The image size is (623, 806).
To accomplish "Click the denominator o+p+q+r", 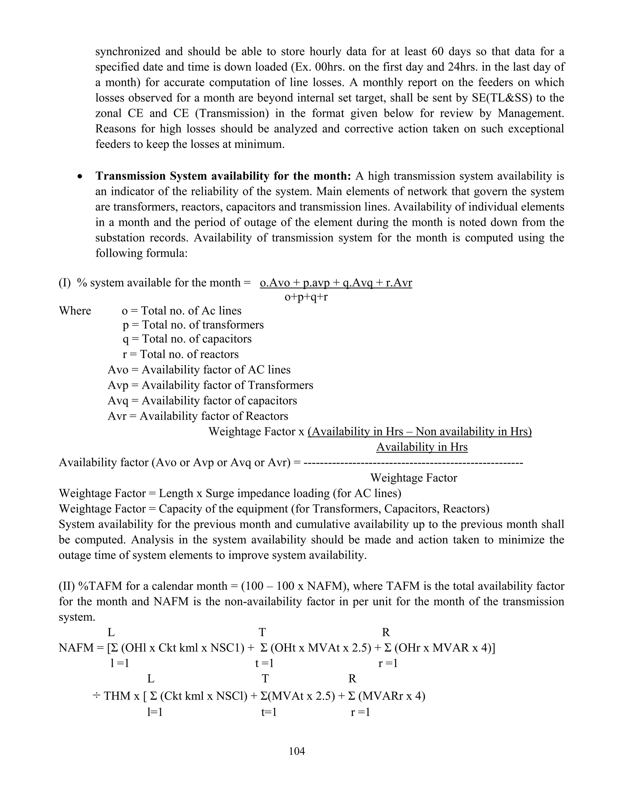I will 306,297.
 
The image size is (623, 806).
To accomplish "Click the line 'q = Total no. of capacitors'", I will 187,339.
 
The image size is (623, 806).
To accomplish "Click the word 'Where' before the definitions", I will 75,311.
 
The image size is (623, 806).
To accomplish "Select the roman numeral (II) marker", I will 67,586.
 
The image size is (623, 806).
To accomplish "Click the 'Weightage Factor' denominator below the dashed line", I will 413,478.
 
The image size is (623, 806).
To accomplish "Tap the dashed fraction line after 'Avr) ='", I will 412,462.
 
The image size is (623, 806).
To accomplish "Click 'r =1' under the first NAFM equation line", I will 388,663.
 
